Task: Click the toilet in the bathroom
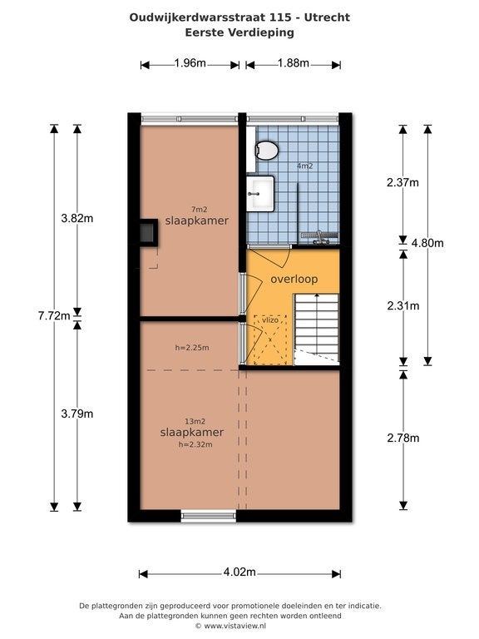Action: [x=266, y=150]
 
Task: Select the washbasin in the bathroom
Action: [x=260, y=194]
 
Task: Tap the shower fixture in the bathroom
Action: [x=320, y=237]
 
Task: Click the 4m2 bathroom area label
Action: [x=304, y=166]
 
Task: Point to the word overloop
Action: [x=294, y=280]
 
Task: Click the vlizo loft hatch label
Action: [x=270, y=319]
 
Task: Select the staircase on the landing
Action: [x=317, y=329]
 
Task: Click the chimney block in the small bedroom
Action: [x=147, y=233]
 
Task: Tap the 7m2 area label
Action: [x=200, y=210]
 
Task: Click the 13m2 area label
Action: [x=195, y=421]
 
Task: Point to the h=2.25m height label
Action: [x=192, y=348]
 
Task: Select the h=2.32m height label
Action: [x=195, y=444]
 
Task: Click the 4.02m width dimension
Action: [x=239, y=572]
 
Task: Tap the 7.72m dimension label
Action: [x=54, y=315]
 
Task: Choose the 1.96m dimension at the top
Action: [x=190, y=63]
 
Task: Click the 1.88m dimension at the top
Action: [x=294, y=63]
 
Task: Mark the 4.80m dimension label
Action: [x=427, y=243]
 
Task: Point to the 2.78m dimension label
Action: [x=403, y=438]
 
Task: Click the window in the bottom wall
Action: [x=209, y=517]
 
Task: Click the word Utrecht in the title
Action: [x=327, y=17]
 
